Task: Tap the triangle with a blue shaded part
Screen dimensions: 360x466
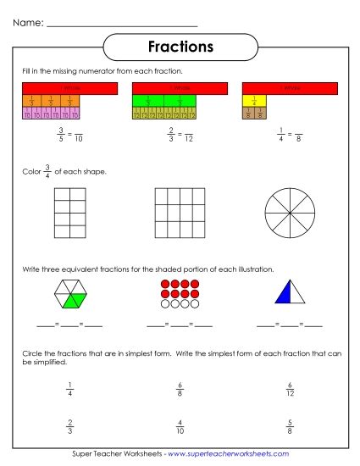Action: pos(289,294)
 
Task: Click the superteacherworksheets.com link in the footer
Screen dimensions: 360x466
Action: pos(227,457)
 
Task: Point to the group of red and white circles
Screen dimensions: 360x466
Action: pos(180,294)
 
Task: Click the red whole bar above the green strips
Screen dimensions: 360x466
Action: pos(180,87)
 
